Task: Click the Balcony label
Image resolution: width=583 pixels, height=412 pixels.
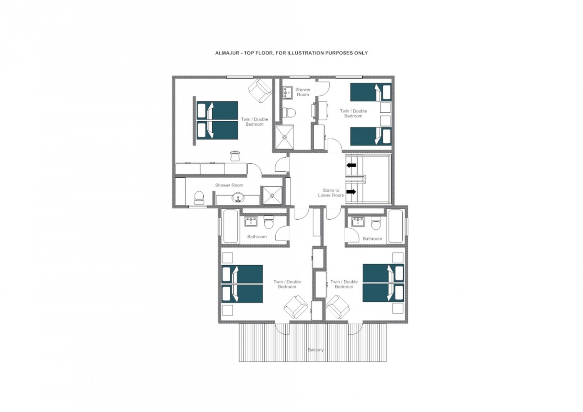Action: (316, 350)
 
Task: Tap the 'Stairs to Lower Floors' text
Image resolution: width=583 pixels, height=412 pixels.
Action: (331, 193)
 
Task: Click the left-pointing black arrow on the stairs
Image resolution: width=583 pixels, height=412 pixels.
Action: (351, 165)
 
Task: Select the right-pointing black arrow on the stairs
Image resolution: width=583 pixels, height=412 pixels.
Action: (351, 192)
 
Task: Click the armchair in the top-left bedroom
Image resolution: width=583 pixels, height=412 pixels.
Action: (259, 91)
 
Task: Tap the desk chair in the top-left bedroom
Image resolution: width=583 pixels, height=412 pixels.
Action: (235, 156)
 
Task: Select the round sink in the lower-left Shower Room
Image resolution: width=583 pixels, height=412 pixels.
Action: (56, 197)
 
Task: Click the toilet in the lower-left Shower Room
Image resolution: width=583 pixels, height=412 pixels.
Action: (199, 198)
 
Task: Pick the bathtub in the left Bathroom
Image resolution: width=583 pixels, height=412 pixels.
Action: (231, 226)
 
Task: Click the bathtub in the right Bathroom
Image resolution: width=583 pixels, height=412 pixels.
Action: (396, 226)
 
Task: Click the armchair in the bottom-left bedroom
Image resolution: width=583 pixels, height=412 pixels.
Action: (296, 307)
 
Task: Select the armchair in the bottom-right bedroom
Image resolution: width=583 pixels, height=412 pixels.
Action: (338, 307)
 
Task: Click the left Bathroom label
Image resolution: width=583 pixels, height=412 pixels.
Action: (257, 237)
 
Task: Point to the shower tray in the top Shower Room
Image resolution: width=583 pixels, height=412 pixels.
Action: (284, 137)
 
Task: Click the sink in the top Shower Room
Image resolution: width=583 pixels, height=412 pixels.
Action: (288, 93)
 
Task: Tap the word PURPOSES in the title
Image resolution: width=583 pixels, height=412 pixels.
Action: (339, 53)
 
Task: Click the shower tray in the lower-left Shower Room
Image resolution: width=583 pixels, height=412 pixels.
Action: (272, 195)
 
